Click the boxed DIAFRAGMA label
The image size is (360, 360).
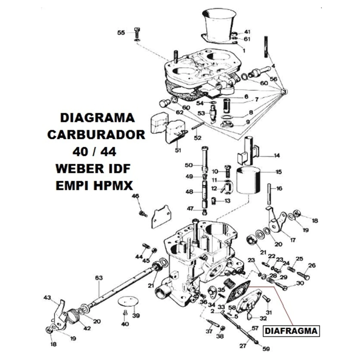coord(291,331)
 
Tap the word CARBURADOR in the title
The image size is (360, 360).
coord(96,135)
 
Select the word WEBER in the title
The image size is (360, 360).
coord(77,169)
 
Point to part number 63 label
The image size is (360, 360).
coord(99,278)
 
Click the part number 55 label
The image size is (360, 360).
coord(121,33)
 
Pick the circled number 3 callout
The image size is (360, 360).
coord(284,91)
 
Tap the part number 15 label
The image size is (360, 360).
coord(279,172)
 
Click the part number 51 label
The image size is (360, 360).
coord(178,150)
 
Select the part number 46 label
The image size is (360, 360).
coord(135,196)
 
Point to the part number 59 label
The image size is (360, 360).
coord(266,349)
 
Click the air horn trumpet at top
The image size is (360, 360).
coord(219,26)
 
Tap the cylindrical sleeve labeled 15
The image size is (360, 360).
coord(249,180)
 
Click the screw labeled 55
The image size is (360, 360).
coord(137,33)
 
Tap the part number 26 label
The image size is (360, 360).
coord(312,265)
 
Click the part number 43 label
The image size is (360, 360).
coord(47,298)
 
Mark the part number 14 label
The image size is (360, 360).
coord(277,156)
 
